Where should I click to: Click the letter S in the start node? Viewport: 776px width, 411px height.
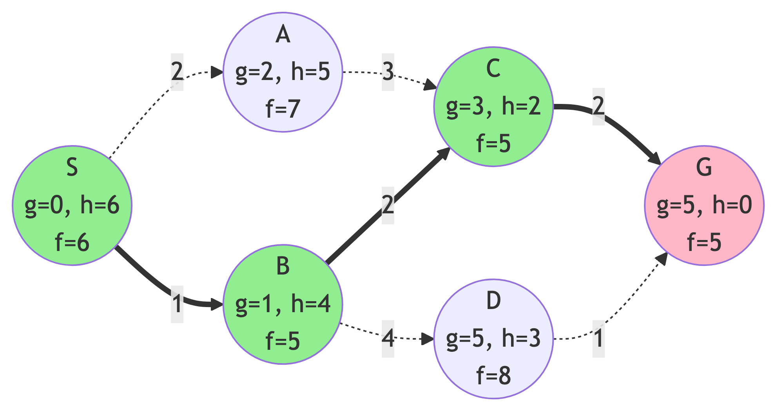[72, 167]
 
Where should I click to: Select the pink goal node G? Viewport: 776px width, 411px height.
[704, 205]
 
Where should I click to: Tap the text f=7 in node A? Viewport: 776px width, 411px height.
[283, 109]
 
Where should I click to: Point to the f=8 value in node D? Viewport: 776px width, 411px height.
[493, 375]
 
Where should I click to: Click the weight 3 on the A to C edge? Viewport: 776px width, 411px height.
[388, 72]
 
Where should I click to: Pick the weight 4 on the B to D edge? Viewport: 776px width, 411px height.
[388, 338]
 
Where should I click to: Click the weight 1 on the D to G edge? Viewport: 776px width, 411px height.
[598, 338]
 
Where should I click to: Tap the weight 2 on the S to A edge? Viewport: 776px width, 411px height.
[177, 72]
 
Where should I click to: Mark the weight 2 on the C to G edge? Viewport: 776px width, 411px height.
[598, 106]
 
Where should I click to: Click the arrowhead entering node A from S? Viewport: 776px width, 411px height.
[217, 72]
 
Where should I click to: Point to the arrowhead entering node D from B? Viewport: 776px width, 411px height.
[428, 338]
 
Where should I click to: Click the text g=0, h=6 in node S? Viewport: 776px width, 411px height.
[72, 205]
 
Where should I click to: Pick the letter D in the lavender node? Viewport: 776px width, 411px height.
[493, 301]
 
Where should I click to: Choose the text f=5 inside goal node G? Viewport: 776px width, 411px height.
[704, 242]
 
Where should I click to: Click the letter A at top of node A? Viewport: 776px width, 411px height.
[283, 35]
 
